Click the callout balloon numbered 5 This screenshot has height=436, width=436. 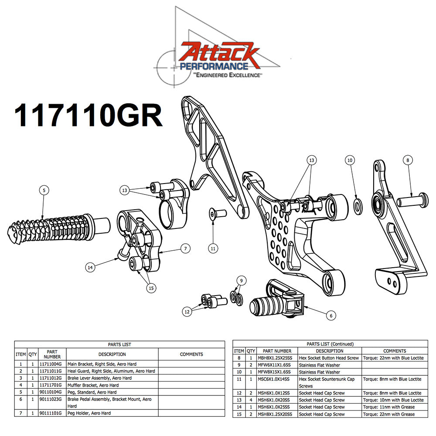43,190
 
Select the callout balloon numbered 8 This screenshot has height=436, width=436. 408,160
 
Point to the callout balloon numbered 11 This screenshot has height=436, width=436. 213,249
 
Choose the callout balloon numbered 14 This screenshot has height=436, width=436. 91,268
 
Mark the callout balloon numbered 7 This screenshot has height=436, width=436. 185,249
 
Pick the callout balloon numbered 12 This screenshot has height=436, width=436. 187,311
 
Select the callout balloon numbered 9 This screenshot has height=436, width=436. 238,280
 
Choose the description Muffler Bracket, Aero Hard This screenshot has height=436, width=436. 93,385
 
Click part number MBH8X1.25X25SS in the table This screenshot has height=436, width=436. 277,358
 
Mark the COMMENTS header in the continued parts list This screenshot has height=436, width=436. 394,351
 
